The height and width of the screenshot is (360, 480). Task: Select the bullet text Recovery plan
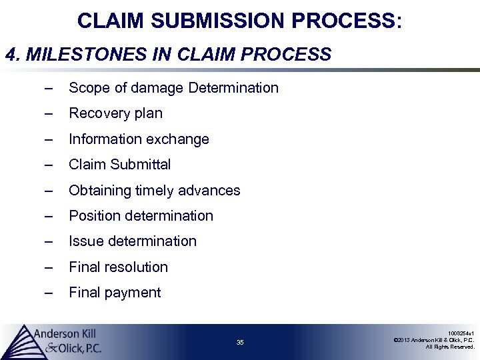tap(115, 113)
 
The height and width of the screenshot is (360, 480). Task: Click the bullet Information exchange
tap(139, 139)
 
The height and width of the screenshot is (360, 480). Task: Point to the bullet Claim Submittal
tap(120, 165)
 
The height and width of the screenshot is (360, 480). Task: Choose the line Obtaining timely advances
tap(154, 191)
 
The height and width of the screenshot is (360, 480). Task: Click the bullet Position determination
tap(141, 216)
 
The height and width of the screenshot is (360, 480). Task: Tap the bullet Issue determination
tap(133, 241)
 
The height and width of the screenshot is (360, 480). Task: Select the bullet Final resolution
tap(118, 267)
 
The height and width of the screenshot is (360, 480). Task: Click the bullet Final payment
tap(115, 293)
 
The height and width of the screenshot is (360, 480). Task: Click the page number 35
tap(240, 343)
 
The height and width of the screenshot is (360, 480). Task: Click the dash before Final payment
tap(47, 293)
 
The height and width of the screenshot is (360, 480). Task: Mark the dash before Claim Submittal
tap(47, 165)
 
